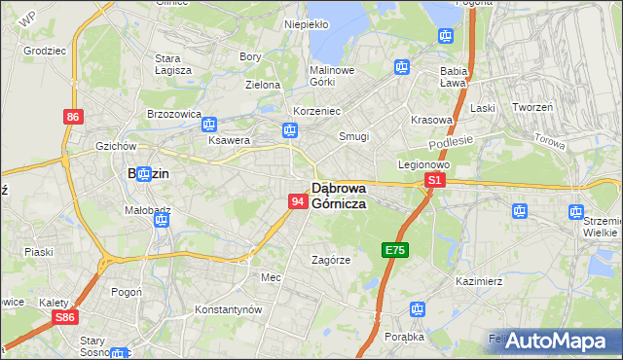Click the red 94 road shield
coord(298,201)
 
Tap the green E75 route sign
coord(394,250)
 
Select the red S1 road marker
coord(435,181)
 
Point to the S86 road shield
coord(65,317)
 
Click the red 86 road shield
coord(73,117)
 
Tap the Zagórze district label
coord(330,261)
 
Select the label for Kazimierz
coord(478,281)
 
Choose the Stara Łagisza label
coord(173,64)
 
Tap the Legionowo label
coord(421,164)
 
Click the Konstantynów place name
coord(229,309)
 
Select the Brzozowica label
coord(173,115)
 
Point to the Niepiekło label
coord(307,24)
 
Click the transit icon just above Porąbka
coord(418,309)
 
